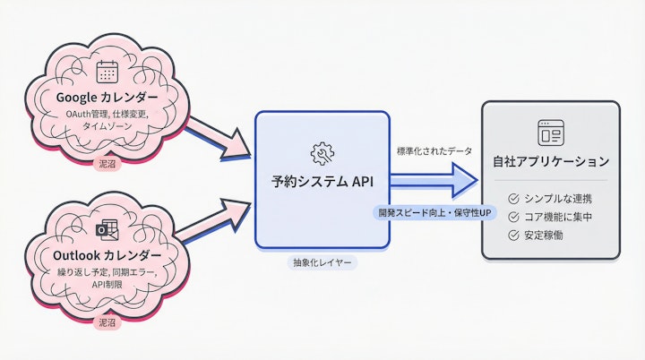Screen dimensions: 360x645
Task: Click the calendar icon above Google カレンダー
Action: (107, 72)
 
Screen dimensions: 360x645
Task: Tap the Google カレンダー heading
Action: (107, 97)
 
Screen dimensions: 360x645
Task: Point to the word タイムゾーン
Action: (107, 128)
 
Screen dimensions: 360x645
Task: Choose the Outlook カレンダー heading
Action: (107, 253)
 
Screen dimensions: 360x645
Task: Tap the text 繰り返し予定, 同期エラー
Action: (107, 271)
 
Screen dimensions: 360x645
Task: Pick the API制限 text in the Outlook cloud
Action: (107, 285)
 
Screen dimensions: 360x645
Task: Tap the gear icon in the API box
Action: (322, 152)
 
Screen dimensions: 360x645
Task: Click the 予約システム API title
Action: (322, 181)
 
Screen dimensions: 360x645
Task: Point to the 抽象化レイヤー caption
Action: (322, 263)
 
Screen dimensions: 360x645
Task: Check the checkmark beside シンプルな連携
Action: (513, 198)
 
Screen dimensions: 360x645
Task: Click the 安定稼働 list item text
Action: (546, 236)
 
